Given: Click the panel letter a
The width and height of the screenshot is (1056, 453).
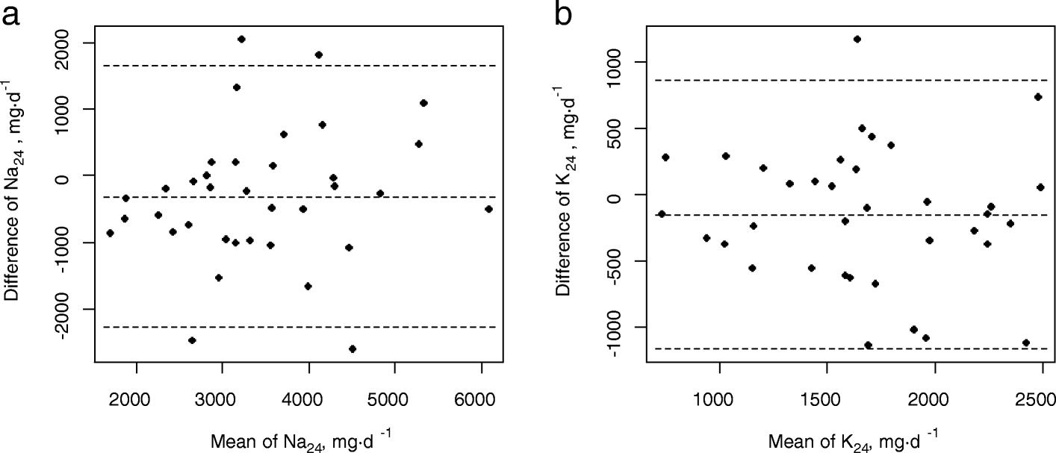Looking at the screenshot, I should click(x=13, y=15).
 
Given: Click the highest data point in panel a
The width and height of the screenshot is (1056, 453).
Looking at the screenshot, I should click(x=241, y=39).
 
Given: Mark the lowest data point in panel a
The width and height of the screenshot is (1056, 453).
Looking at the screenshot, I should click(x=352, y=349).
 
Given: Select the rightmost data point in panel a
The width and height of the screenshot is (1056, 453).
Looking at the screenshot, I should click(x=488, y=209).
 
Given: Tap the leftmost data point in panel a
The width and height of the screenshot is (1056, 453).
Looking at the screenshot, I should click(x=110, y=233).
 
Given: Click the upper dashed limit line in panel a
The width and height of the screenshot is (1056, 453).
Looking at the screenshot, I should click(x=299, y=66).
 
